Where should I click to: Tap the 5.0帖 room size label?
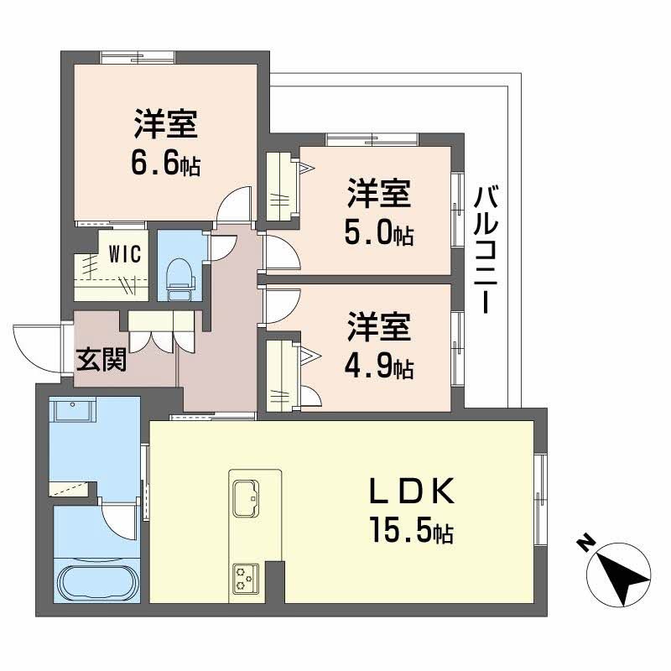click(379, 234)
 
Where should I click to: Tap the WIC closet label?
click(123, 252)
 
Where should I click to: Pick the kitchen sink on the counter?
click(246, 497)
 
